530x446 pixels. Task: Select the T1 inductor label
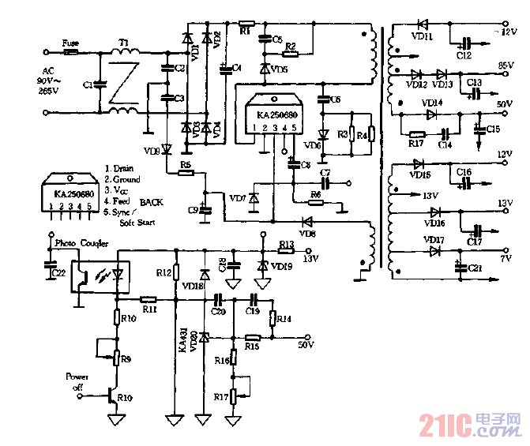[x=124, y=43]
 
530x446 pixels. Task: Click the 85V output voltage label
[x=506, y=65]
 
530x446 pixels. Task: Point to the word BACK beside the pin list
[x=152, y=202]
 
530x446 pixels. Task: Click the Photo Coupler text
[x=83, y=243]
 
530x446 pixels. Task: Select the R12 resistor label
[x=164, y=273]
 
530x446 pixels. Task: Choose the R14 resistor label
[x=284, y=319]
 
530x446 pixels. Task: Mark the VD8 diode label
[x=307, y=234]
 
